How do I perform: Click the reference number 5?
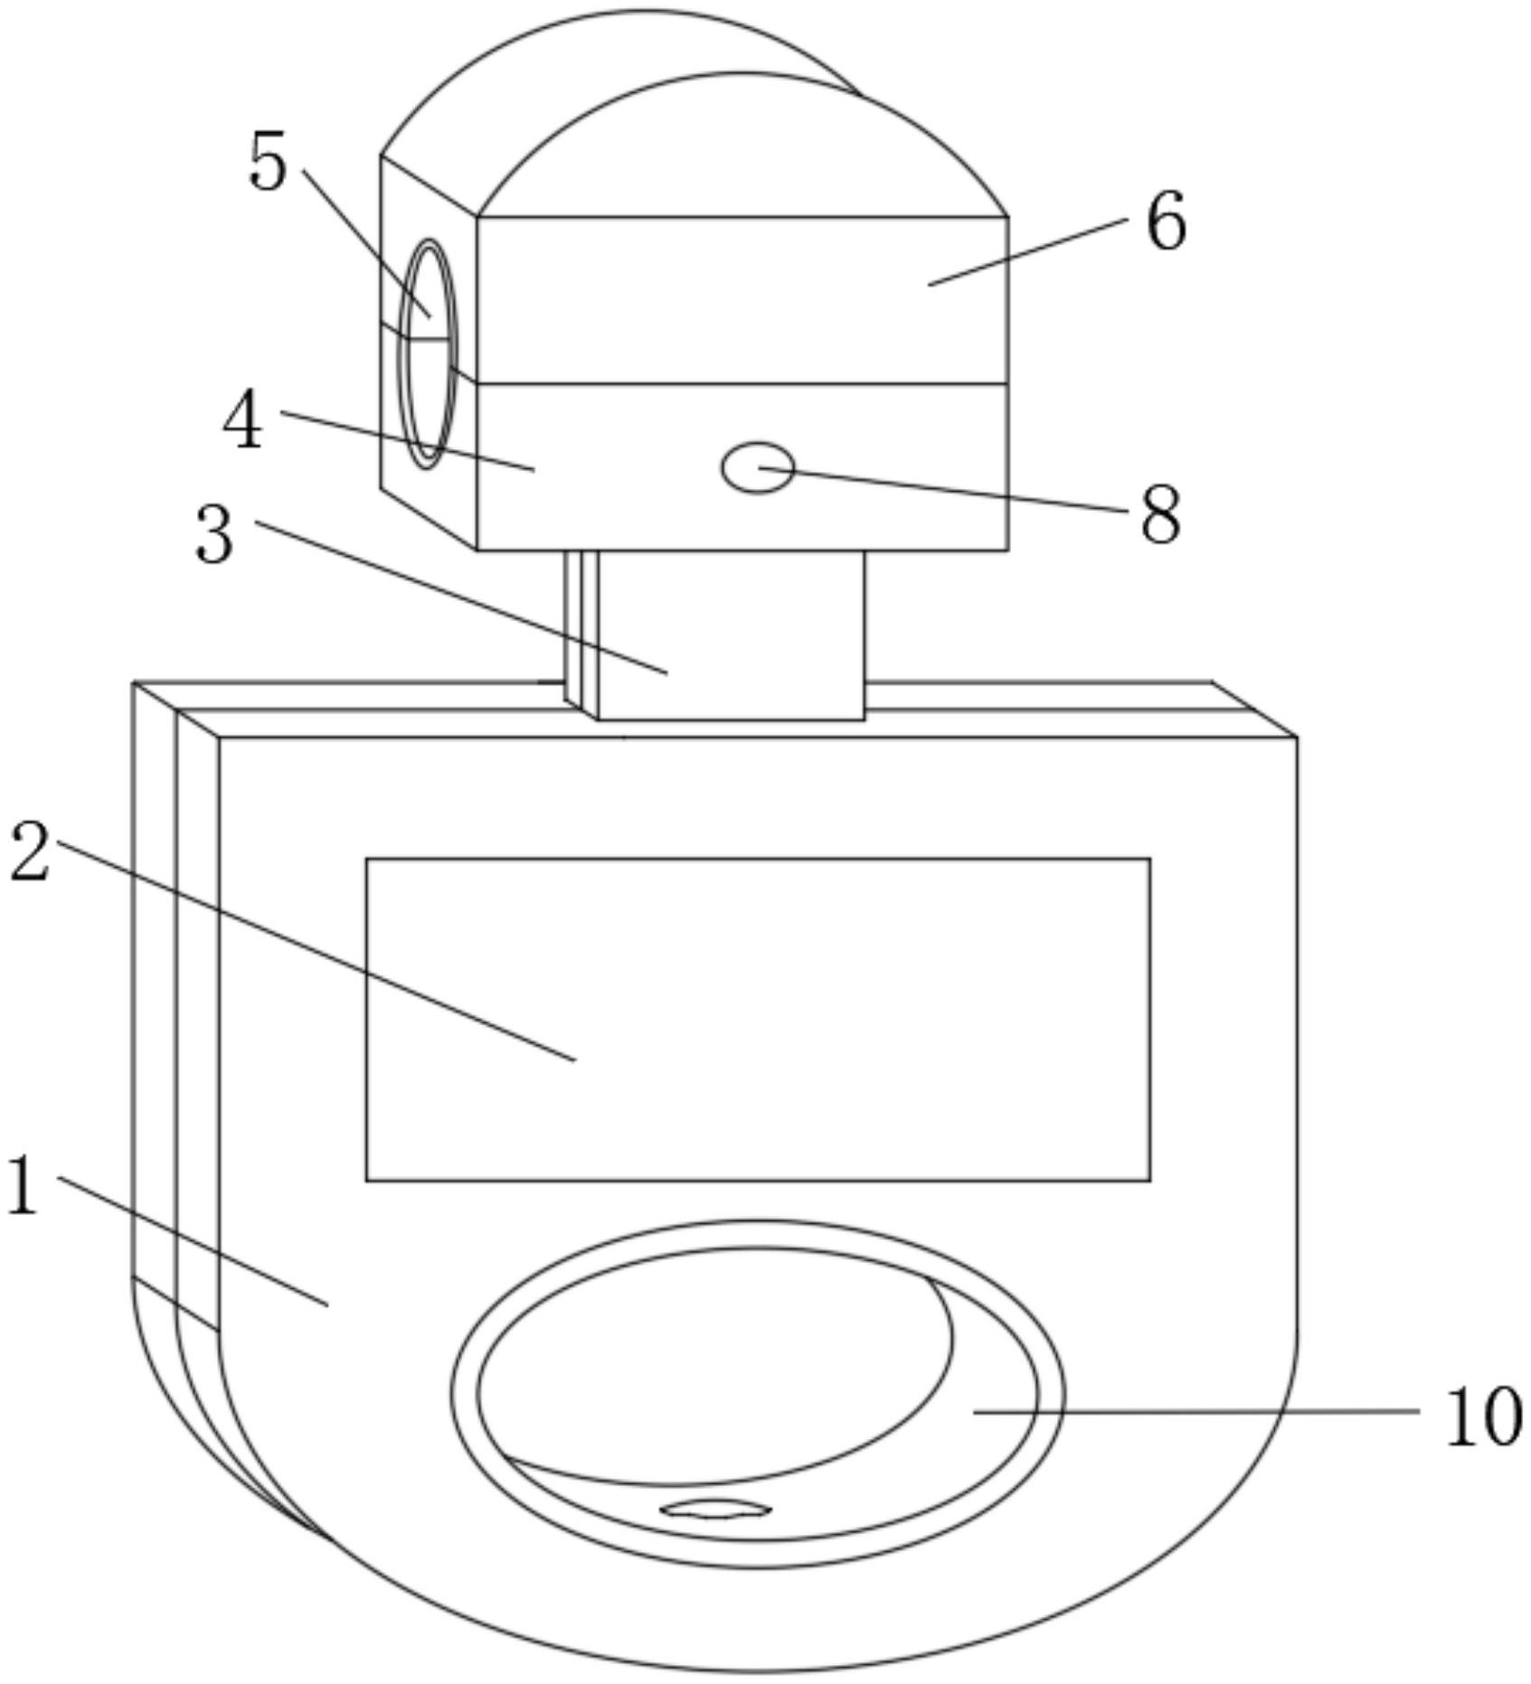point(268,161)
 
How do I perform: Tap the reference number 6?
point(1166,221)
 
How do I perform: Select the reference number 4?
point(243,422)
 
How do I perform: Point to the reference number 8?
point(1160,514)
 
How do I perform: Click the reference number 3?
point(215,534)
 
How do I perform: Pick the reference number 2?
point(30,852)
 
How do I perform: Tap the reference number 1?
point(23,1186)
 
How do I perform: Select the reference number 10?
point(1483,1417)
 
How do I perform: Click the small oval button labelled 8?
point(758,467)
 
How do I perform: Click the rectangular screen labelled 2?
point(758,1020)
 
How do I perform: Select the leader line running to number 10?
point(1196,1411)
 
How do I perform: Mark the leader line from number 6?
point(1027,251)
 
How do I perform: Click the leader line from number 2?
point(317,950)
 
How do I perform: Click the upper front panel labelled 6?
point(742,300)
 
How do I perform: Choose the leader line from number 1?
point(193,1241)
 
